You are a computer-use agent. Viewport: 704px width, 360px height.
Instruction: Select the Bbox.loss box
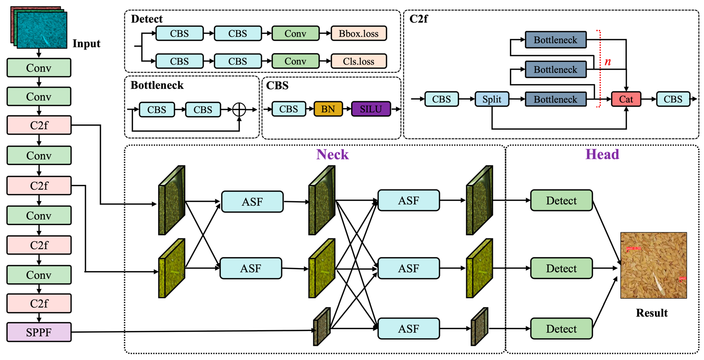tap(359, 34)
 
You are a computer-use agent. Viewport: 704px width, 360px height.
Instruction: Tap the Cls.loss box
tap(359, 61)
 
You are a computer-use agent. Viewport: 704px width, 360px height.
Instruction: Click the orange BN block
tap(328, 109)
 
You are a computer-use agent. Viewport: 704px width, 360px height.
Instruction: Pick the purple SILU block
tap(371, 109)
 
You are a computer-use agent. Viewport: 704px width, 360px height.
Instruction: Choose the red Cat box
tap(626, 99)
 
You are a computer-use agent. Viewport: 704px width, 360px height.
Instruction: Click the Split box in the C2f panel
tap(492, 99)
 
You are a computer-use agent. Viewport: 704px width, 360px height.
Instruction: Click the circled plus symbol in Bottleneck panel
tap(239, 110)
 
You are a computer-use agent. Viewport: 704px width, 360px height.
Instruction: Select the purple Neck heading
tap(332, 155)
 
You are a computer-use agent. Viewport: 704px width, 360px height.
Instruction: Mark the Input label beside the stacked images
tap(86, 43)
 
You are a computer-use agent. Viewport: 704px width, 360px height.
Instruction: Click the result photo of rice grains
tap(653, 265)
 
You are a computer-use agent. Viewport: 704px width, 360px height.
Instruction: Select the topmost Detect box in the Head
tap(561, 200)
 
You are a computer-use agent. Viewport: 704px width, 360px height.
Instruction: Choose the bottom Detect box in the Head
tap(561, 329)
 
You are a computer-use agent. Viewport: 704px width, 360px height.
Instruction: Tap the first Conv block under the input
tap(39, 68)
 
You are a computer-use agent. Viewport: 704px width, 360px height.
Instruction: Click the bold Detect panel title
tap(147, 19)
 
